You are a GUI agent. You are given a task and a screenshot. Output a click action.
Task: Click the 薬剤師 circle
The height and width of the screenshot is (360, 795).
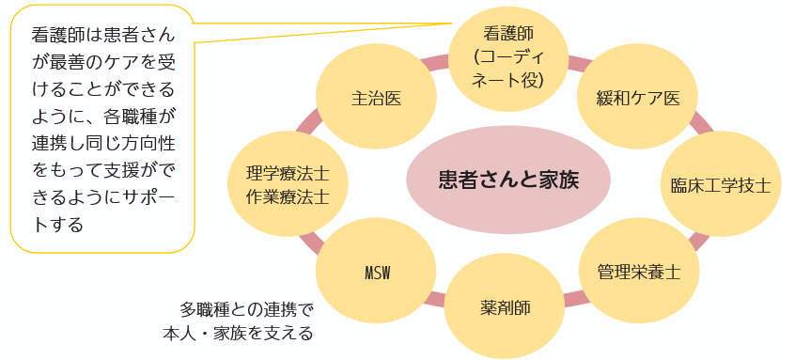coord(505,306)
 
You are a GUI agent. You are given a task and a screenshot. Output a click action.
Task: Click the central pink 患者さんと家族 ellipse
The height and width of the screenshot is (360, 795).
coord(508,180)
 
